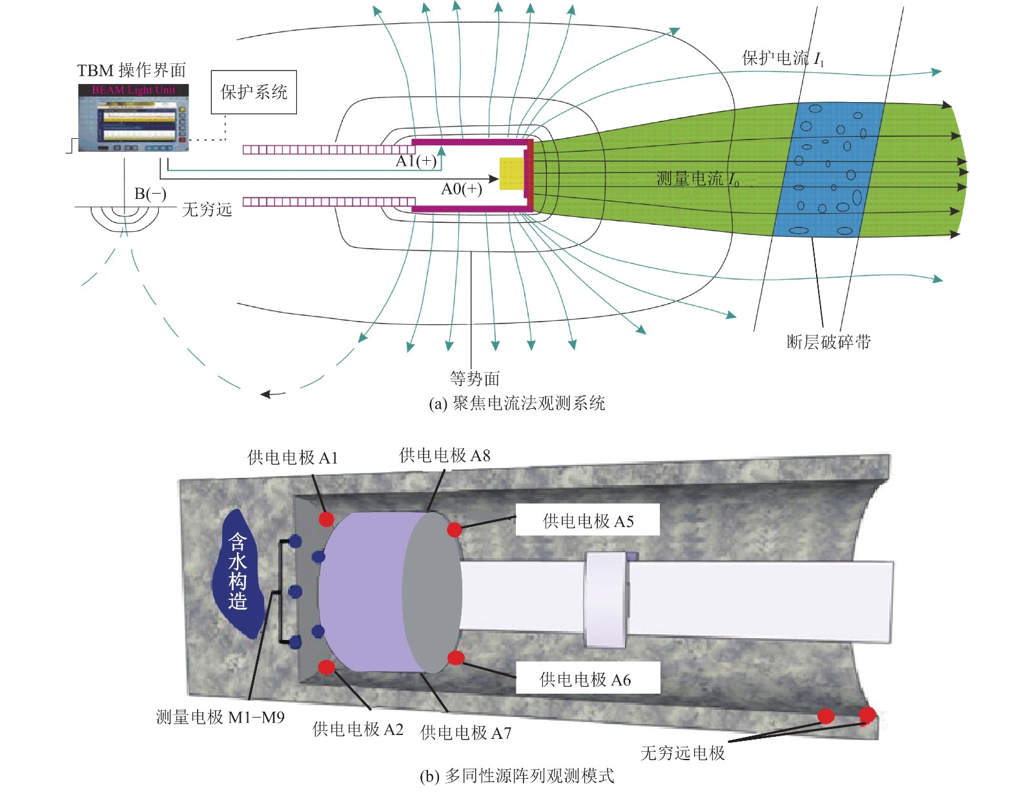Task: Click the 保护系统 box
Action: pos(254,92)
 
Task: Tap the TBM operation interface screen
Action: pos(134,118)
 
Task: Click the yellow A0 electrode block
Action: pos(511,173)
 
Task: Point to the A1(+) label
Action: pos(416,161)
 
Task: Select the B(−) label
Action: pos(150,194)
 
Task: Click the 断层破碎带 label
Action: pos(828,342)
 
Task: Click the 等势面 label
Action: pos(475,378)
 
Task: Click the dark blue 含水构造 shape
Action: pos(238,572)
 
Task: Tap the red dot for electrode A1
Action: pos(327,519)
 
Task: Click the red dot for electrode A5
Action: pos(455,530)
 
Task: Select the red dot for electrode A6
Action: pos(456,658)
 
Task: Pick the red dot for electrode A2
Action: pos(327,667)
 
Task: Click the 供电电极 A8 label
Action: pos(445,456)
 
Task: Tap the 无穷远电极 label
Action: pos(682,753)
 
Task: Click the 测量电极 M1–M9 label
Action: pos(220,717)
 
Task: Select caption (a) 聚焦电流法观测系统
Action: pos(516,404)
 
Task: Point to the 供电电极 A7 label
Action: pos(465,733)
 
